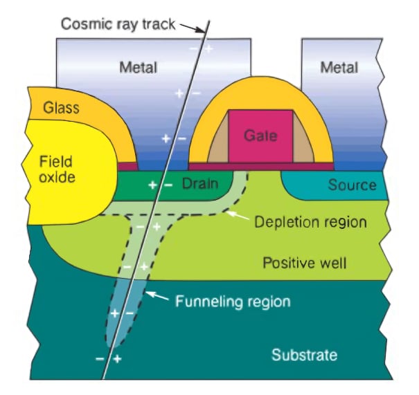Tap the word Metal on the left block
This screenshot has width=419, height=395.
pos(138,68)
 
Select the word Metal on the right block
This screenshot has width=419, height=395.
pos(339,68)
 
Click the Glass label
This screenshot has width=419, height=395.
pos(62,108)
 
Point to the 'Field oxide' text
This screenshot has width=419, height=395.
pos(55,168)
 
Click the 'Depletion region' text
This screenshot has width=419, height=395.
pos(310,223)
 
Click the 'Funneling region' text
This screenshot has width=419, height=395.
pos(233,302)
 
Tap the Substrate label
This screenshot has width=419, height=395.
pos(304,356)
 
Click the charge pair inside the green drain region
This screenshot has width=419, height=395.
pos(160,185)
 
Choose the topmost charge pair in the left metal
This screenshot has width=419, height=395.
pos(200,48)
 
